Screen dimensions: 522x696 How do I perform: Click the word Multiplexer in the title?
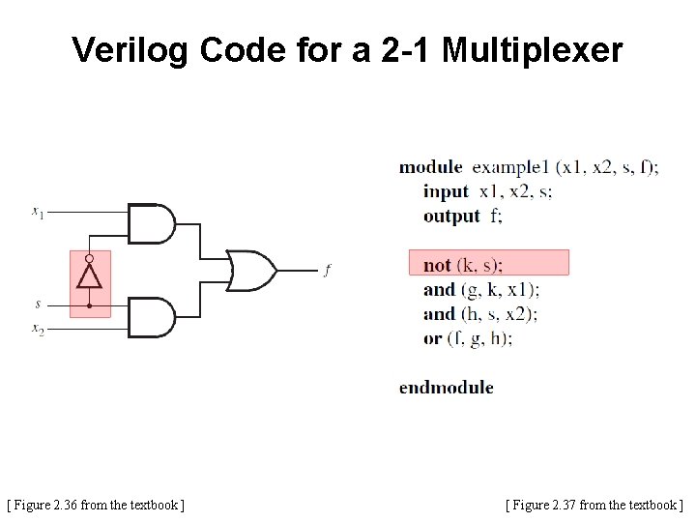click(x=533, y=50)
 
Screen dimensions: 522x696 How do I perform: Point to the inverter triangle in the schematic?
click(x=89, y=278)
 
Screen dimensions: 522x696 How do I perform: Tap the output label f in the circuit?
click(x=327, y=270)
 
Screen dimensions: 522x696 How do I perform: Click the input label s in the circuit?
click(x=38, y=304)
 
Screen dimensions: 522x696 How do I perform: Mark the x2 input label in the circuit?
click(x=38, y=331)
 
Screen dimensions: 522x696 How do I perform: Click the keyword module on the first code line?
click(x=430, y=167)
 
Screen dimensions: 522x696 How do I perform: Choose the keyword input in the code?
click(x=445, y=191)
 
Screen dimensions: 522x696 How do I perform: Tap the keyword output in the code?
click(x=451, y=216)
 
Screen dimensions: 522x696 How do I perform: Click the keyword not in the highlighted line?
click(x=437, y=264)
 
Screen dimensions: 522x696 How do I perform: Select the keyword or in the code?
click(x=432, y=338)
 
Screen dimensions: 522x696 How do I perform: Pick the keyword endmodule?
click(x=446, y=388)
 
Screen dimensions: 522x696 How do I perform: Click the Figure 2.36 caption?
click(x=96, y=505)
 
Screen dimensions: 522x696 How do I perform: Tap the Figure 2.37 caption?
click(x=594, y=505)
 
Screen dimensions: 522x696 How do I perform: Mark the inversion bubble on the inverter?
click(x=89, y=259)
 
